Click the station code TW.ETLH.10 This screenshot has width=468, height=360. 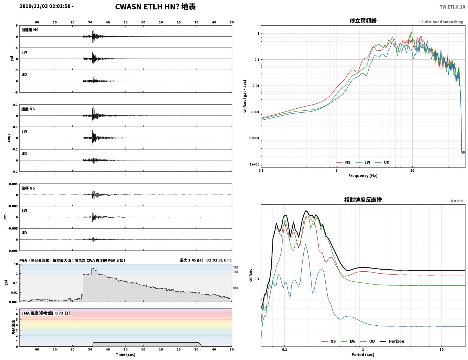[452, 7]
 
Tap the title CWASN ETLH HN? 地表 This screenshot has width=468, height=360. [155, 7]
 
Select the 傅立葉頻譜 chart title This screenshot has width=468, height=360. [363, 21]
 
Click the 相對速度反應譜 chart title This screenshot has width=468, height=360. [363, 200]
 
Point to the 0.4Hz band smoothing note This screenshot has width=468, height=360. [442, 22]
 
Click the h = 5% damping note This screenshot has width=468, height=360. [456, 201]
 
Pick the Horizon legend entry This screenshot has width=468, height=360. [392, 341]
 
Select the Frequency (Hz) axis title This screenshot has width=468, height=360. [363, 176]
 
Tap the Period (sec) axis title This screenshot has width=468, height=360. [363, 355]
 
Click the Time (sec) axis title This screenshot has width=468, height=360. [126, 354]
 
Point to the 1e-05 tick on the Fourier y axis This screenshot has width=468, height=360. [254, 164]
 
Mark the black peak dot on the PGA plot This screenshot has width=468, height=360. [93, 269]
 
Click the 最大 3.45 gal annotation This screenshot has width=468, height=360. [191, 260]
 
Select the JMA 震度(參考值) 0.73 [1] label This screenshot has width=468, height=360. [45, 313]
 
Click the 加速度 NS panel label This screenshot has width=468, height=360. [30, 30]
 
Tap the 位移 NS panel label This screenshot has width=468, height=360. [28, 188]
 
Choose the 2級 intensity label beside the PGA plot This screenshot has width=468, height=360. [236, 267]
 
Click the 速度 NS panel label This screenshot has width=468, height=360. [28, 109]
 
